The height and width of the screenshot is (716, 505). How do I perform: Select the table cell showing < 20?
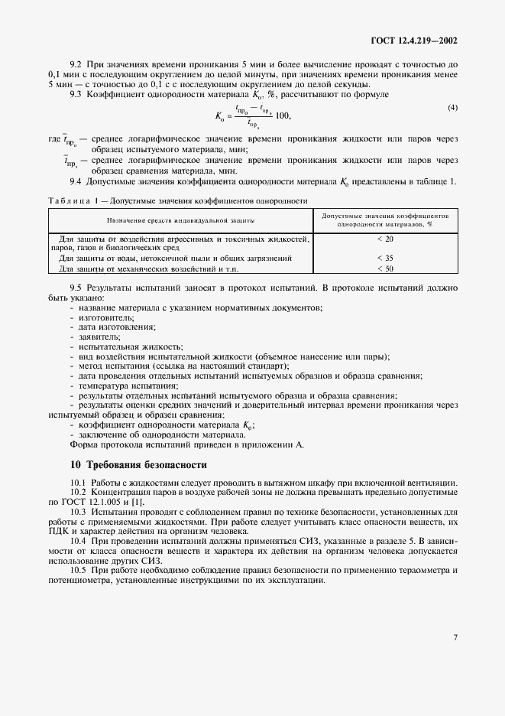pos(384,239)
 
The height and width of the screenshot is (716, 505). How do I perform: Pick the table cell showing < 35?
pos(384,258)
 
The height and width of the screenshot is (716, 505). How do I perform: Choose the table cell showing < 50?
pos(384,268)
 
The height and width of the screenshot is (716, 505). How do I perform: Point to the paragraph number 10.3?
pos(78,510)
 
